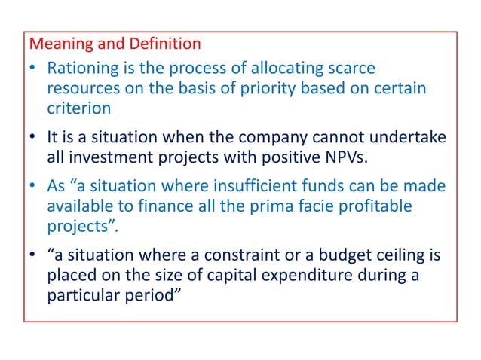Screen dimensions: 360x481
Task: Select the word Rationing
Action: [x=81, y=69]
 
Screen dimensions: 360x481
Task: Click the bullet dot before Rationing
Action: [x=33, y=69]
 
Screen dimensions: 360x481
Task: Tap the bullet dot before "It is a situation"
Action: [x=33, y=138]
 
